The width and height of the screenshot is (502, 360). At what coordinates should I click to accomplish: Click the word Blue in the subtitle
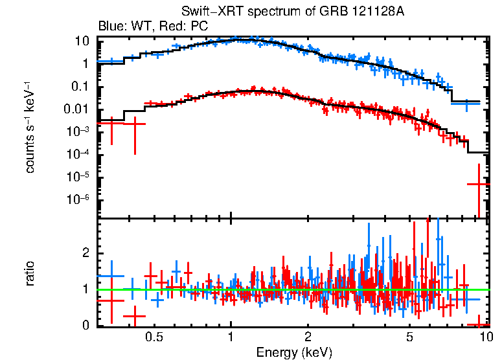110,27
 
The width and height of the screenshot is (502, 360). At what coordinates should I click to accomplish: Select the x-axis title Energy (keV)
294,353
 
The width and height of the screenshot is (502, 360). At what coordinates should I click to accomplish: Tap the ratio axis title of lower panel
30,273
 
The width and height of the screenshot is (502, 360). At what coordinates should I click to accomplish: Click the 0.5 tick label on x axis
154,337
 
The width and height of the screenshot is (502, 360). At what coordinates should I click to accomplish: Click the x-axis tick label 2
308,337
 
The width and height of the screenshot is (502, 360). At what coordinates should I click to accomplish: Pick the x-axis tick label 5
409,337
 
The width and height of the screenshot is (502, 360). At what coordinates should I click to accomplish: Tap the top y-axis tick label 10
82,41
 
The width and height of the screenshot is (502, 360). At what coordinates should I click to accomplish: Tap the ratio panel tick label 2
85,254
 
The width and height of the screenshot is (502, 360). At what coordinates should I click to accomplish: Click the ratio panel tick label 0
85,326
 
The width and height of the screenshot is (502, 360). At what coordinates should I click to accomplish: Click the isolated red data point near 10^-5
479,185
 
